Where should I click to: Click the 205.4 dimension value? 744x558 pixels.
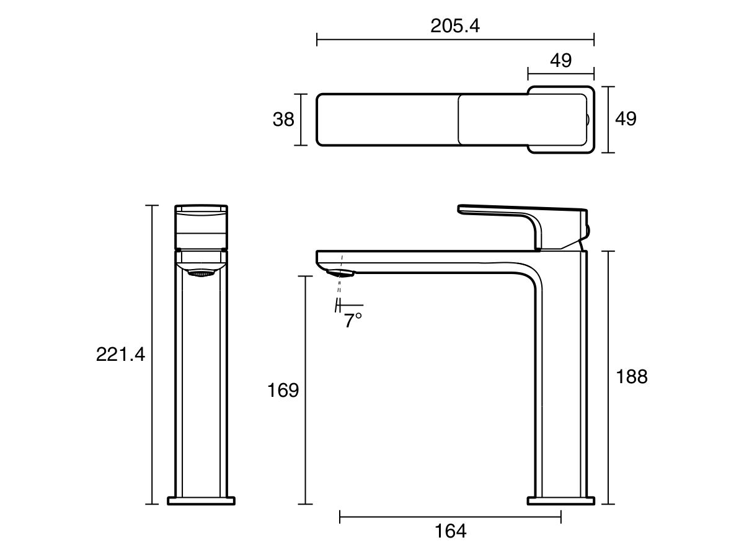pos(455,26)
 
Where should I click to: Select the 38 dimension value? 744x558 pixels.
pos(283,119)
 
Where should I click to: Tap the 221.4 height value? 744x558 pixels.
pos(120,355)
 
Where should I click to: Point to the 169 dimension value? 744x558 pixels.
pos(283,391)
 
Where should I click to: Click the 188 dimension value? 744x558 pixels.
pos(632,376)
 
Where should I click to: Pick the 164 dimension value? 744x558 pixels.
pos(450,531)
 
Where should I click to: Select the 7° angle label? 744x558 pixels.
pos(353,321)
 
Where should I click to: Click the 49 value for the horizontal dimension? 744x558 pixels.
pos(560,60)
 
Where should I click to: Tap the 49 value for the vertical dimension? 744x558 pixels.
pos(626,119)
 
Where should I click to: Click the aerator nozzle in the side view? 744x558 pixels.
pos(339,273)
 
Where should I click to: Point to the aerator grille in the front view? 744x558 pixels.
pos(200,273)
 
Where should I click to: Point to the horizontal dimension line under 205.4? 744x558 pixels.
pos(455,40)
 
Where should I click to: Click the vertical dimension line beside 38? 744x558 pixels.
pos(301,119)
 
